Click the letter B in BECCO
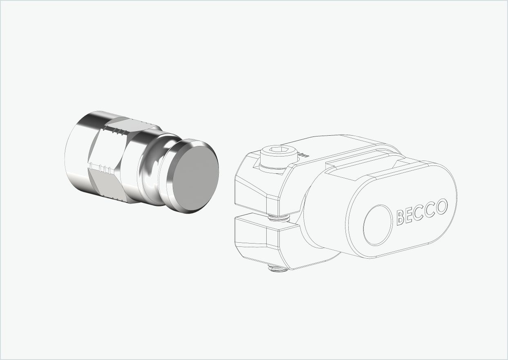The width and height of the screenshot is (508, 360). (401, 217)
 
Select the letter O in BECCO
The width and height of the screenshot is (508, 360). (442, 207)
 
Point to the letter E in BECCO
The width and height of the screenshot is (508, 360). (410, 215)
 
